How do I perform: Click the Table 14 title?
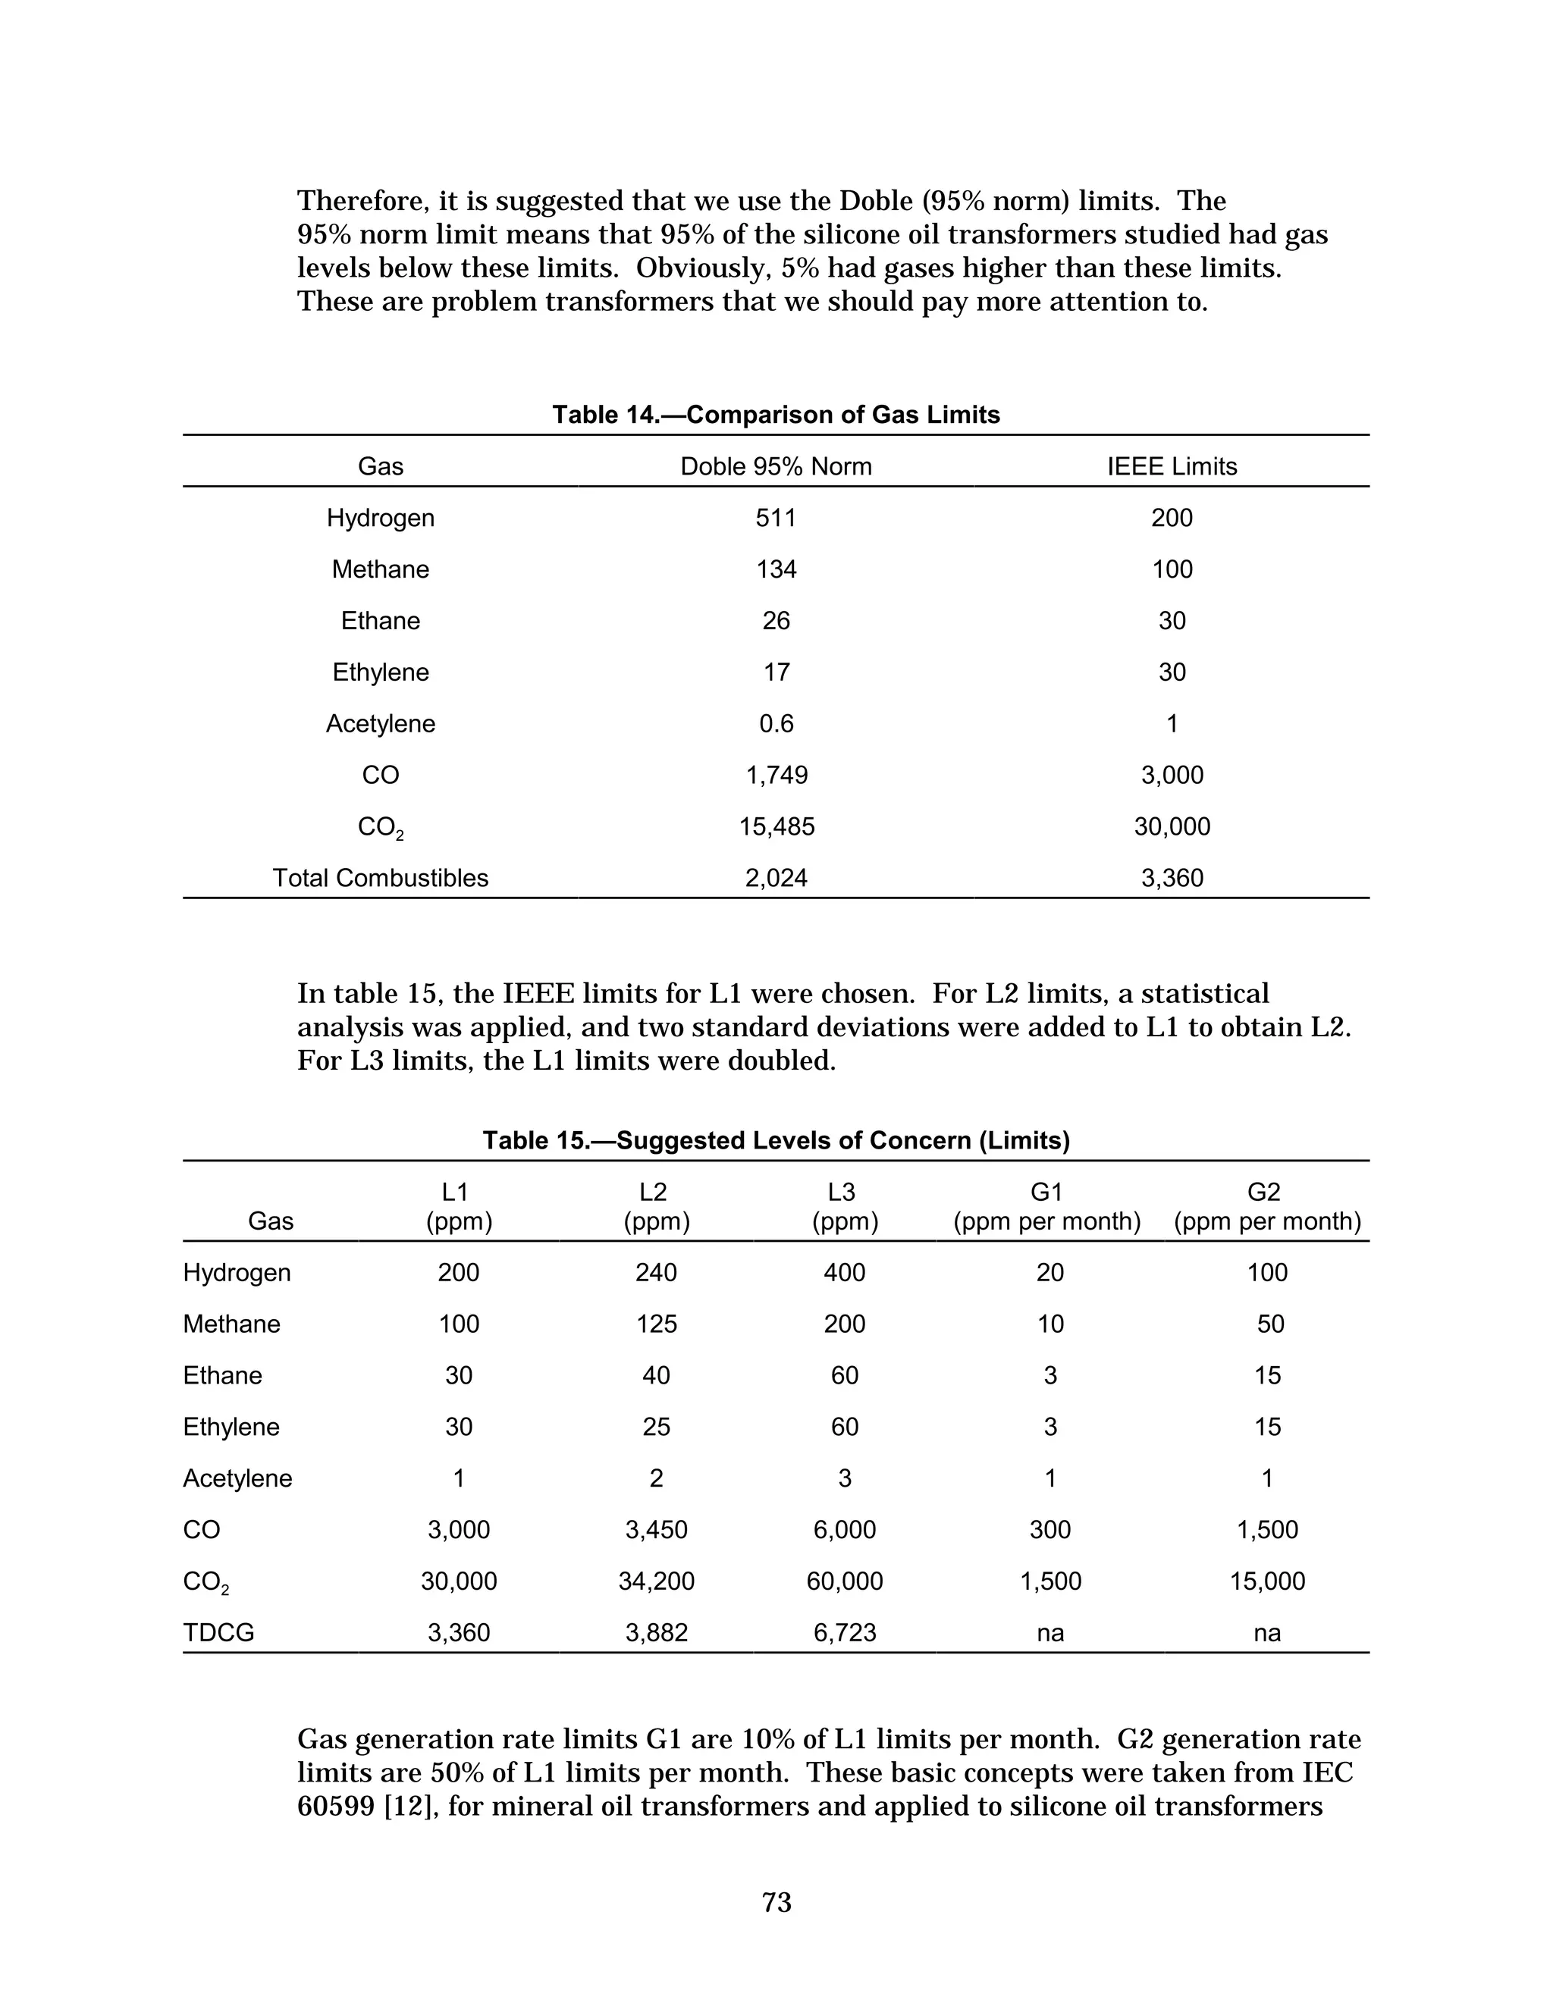point(776,415)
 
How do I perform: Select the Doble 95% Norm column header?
point(776,466)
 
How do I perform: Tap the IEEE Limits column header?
point(1171,466)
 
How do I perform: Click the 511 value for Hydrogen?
point(776,518)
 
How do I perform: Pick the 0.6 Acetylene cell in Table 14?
point(776,724)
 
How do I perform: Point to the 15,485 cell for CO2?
point(776,827)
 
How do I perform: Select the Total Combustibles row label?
point(380,879)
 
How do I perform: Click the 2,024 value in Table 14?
point(776,879)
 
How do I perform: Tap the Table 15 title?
point(776,1141)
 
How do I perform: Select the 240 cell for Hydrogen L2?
point(656,1272)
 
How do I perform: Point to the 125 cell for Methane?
point(656,1324)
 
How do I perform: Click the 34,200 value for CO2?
point(656,1581)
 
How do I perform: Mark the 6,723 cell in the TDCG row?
point(844,1633)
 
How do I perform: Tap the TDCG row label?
point(219,1633)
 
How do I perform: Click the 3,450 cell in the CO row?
point(656,1530)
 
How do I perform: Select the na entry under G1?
point(1049,1633)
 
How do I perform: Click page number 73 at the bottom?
point(776,1901)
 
